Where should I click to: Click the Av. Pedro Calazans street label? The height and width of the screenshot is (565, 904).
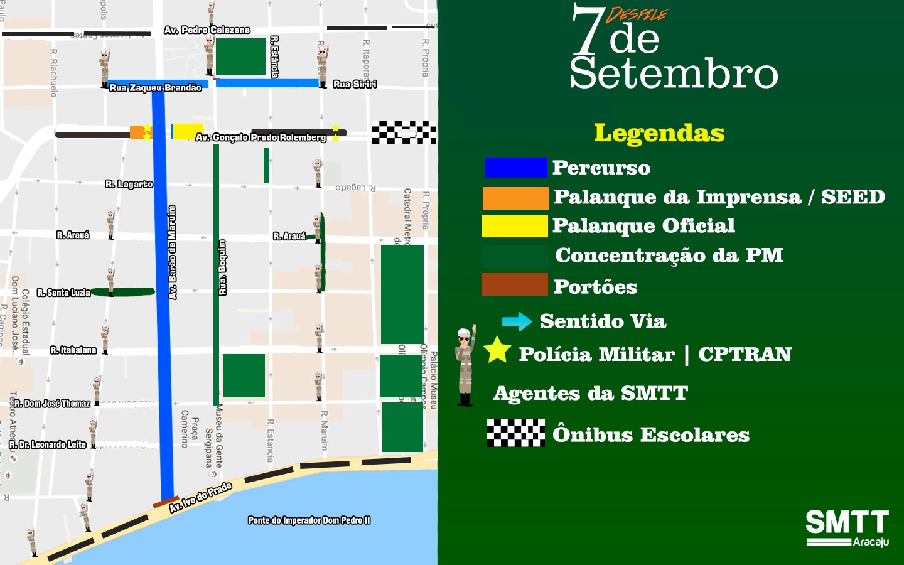pyautogui.click(x=207, y=30)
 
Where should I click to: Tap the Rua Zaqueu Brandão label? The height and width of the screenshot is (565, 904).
pyautogui.click(x=156, y=88)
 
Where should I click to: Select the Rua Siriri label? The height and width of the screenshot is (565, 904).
pyautogui.click(x=355, y=84)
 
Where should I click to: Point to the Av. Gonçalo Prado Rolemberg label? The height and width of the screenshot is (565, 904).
pyautogui.click(x=261, y=137)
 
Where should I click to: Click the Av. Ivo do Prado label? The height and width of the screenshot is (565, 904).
pyautogui.click(x=201, y=497)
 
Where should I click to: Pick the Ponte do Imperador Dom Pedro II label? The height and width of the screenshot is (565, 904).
pyautogui.click(x=309, y=520)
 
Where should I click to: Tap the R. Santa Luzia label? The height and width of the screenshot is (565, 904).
pyautogui.click(x=64, y=293)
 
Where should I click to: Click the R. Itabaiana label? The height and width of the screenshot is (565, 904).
pyautogui.click(x=73, y=350)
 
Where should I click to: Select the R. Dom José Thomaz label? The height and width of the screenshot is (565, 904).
pyautogui.click(x=52, y=404)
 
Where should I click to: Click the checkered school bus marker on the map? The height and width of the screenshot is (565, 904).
pyautogui.click(x=404, y=132)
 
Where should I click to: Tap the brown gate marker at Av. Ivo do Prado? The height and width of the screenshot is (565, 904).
pyautogui.click(x=166, y=502)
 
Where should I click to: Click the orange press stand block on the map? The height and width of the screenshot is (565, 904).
pyautogui.click(x=137, y=132)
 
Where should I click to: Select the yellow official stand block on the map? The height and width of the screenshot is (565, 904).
pyautogui.click(x=186, y=131)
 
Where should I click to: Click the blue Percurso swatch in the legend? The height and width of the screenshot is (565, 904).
pyautogui.click(x=515, y=168)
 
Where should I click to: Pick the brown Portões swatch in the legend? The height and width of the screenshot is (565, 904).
pyautogui.click(x=515, y=284)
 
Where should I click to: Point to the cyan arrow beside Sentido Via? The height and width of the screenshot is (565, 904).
pyautogui.click(x=517, y=322)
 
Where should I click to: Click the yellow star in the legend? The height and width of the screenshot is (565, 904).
pyautogui.click(x=497, y=350)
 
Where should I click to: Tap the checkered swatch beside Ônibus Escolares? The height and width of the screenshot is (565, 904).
pyautogui.click(x=516, y=433)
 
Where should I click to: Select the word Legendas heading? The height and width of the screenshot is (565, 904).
pyautogui.click(x=659, y=133)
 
